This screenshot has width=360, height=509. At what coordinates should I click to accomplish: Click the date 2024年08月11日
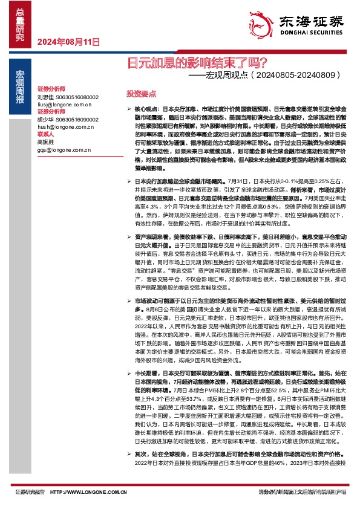point(68,42)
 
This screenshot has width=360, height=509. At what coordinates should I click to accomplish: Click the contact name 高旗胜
point(46,142)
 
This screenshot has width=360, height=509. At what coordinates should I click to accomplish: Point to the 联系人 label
point(45,135)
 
